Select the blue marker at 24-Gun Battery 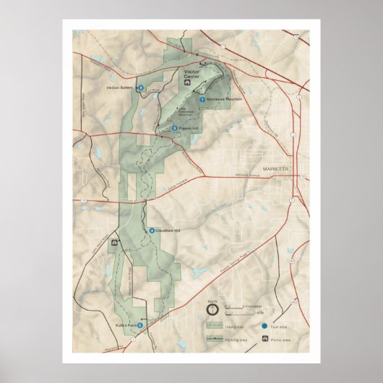pyautogui.click(x=141, y=87)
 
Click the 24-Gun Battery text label pyautogui.click(x=121, y=87)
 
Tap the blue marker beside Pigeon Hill pyautogui.click(x=174, y=128)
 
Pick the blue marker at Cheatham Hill pyautogui.click(x=151, y=231)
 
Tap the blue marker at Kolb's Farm pyautogui.click(x=140, y=326)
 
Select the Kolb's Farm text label pyautogui.click(x=126, y=326)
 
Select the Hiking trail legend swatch pyautogui.click(x=215, y=325)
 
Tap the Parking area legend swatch pyautogui.click(x=215, y=337)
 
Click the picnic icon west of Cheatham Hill pyautogui.click(x=113, y=244)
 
